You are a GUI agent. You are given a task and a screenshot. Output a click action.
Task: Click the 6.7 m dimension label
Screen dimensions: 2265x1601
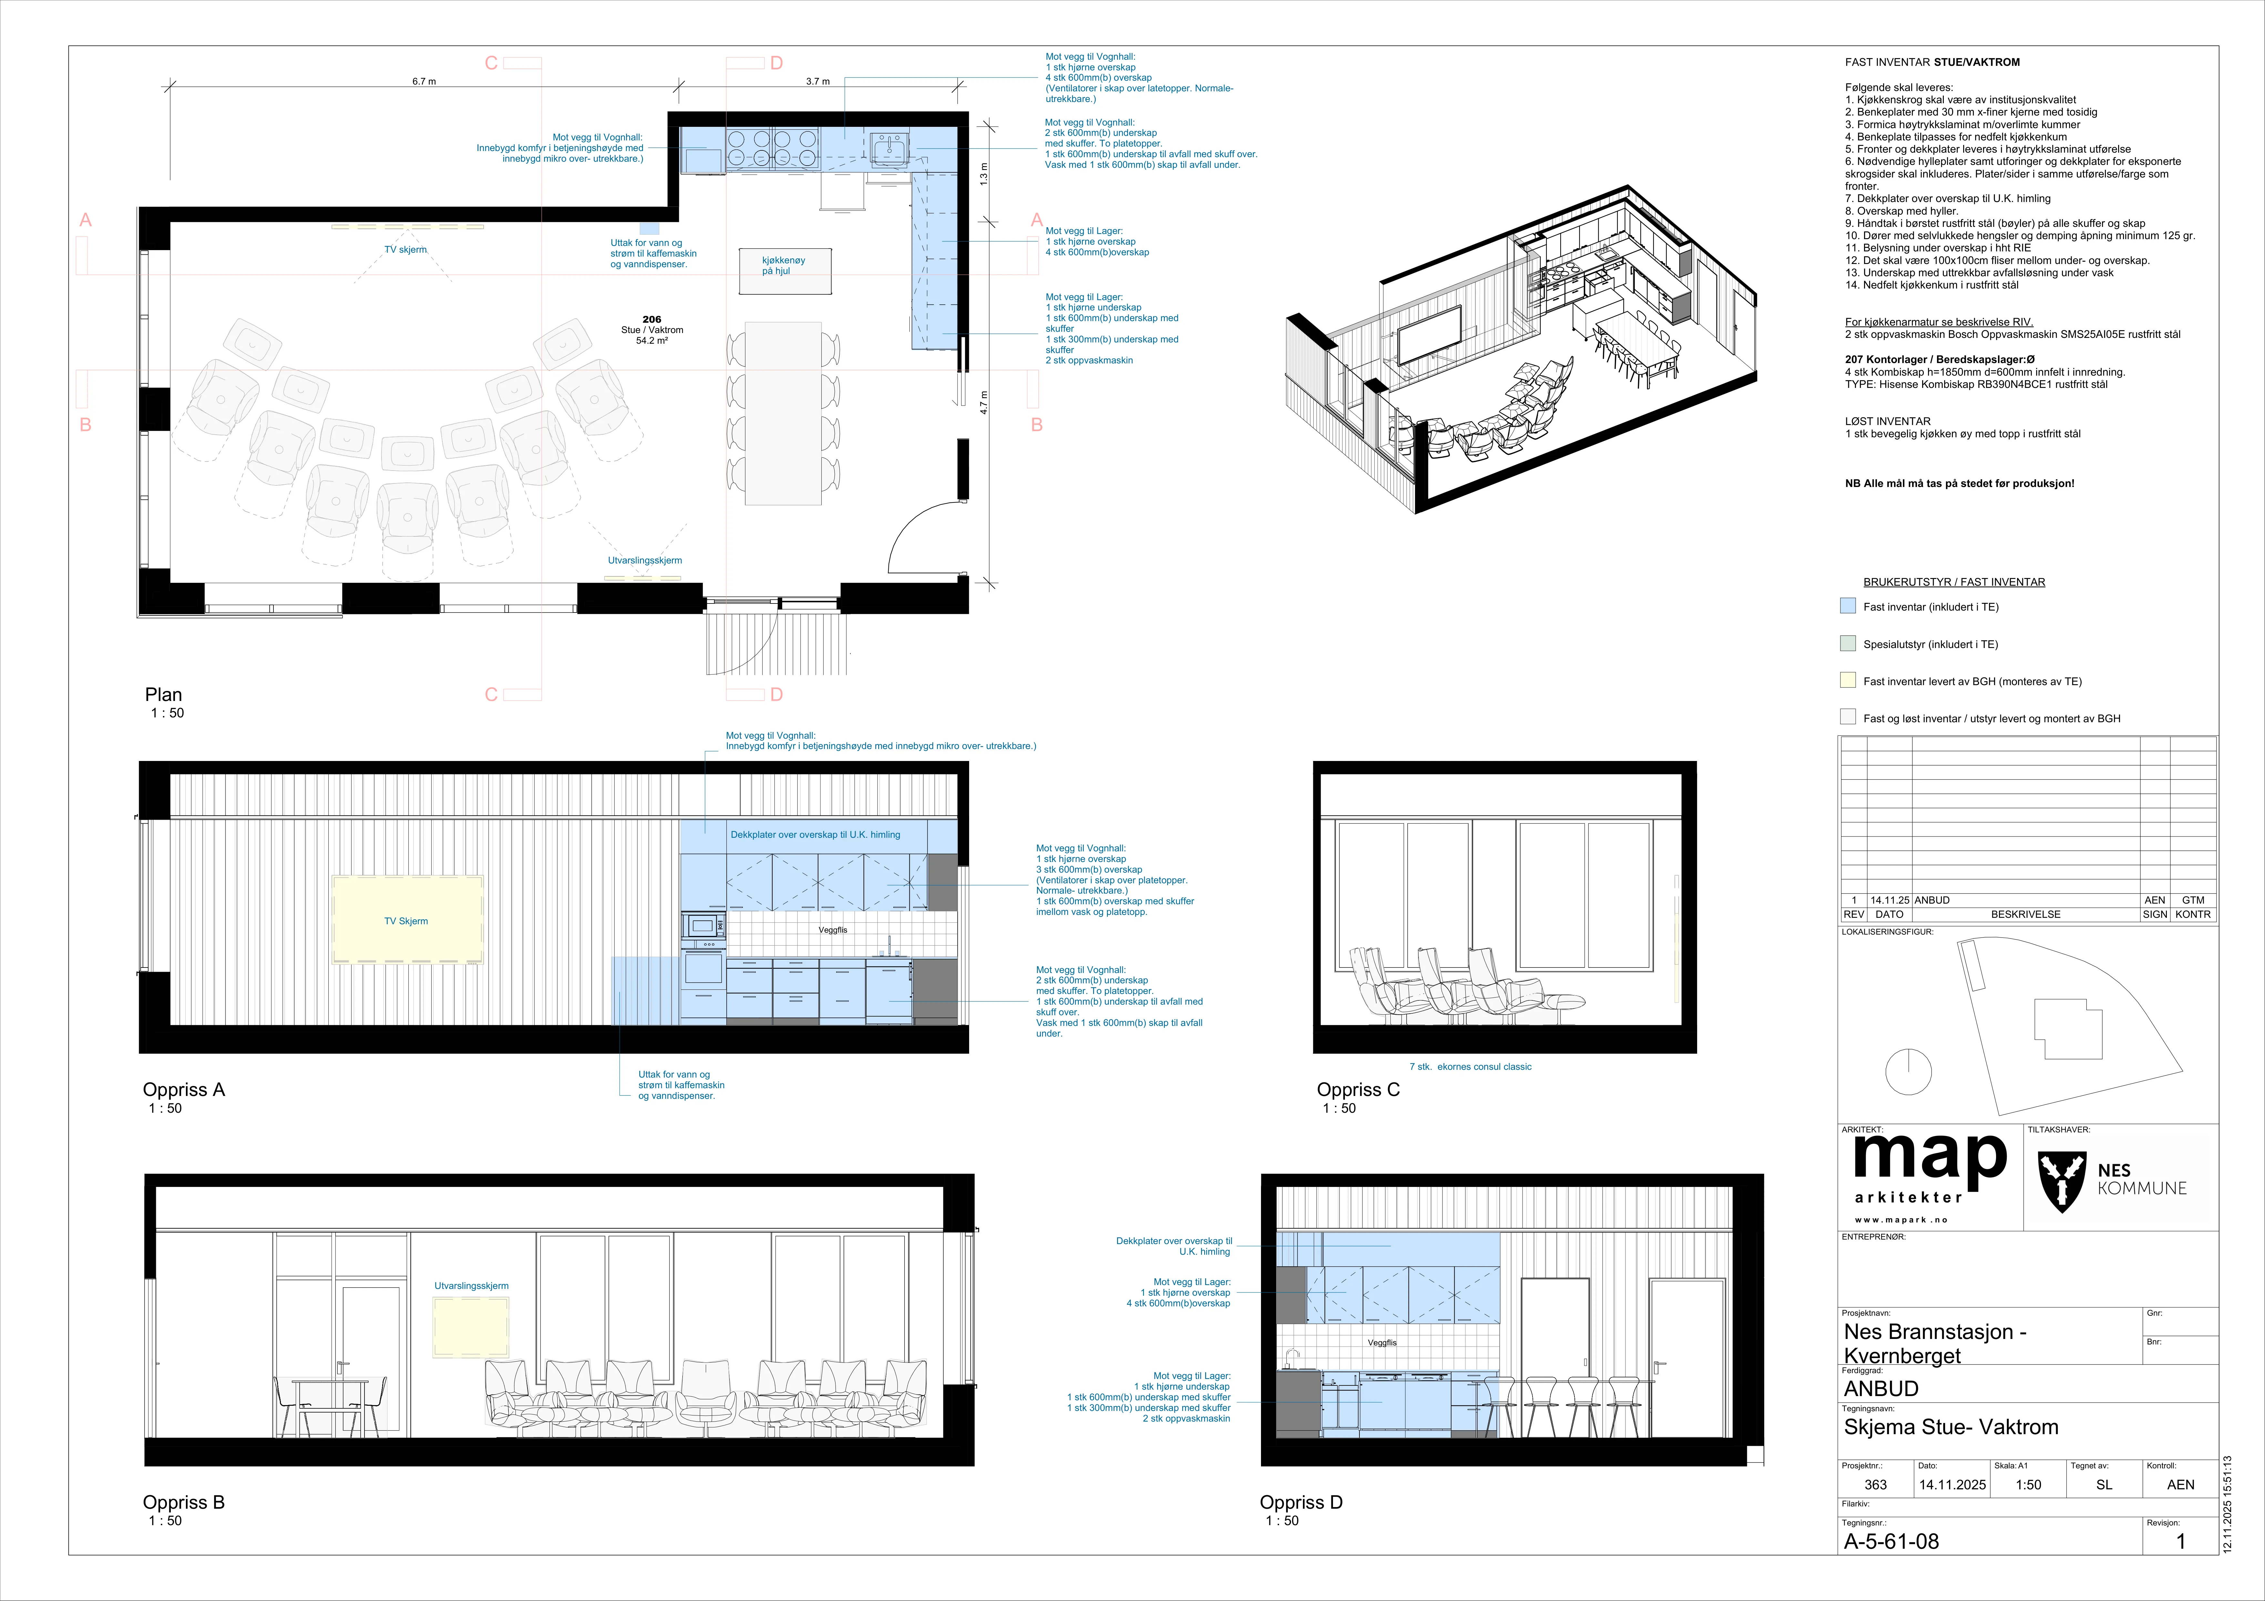click(x=424, y=82)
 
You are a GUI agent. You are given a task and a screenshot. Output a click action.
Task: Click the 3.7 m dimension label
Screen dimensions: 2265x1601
click(x=818, y=82)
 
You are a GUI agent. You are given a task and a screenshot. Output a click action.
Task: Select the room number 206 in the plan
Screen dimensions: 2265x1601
click(x=651, y=319)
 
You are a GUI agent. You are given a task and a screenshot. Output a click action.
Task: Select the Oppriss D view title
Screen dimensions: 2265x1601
click(x=1300, y=1502)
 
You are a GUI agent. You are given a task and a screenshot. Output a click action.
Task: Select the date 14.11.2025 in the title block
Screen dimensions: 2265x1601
click(x=1952, y=1484)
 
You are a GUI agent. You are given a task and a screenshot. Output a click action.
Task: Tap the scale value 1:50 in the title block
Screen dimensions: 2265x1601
click(x=2028, y=1484)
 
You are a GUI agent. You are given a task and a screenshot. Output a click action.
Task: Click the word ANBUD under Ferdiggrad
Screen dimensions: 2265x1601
click(x=1881, y=1389)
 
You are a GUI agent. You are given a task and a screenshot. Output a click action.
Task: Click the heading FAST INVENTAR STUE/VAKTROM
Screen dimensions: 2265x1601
click(x=1932, y=62)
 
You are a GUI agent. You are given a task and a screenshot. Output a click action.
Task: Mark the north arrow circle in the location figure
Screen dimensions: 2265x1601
click(x=1908, y=1072)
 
